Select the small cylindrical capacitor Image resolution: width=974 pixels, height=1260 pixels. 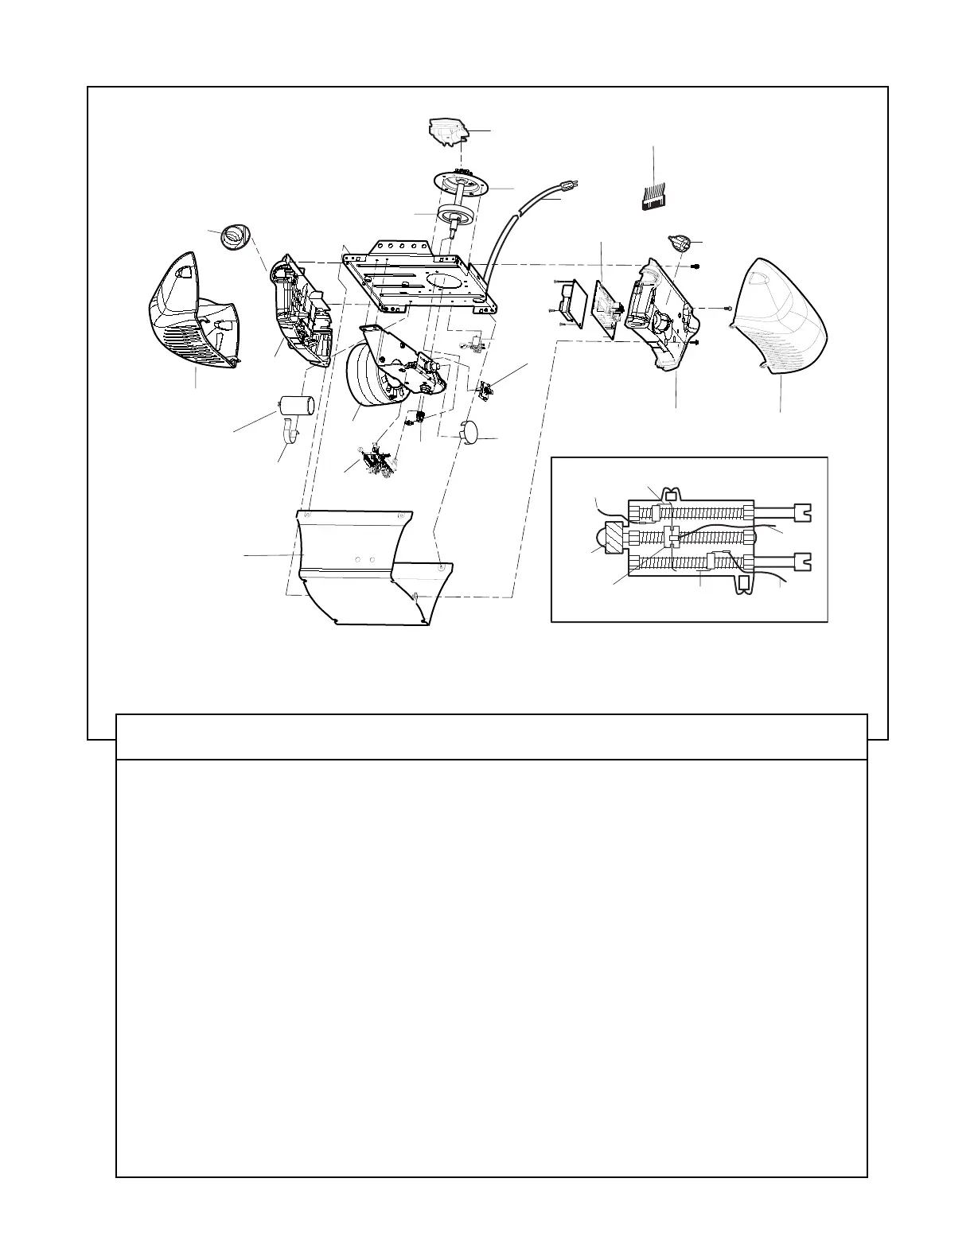point(296,405)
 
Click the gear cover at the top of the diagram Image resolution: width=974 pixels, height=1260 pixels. point(447,130)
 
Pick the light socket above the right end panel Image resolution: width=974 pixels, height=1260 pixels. point(680,243)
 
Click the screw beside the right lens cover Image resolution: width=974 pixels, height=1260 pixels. point(728,308)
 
